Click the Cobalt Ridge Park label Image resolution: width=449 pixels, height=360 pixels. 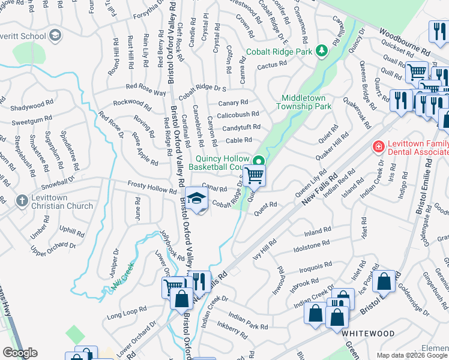[280, 53]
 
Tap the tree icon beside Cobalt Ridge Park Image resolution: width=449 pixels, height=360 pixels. [322, 50]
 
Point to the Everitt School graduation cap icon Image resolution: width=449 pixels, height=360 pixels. [56, 35]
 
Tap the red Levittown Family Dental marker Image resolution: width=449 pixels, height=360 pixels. [378, 146]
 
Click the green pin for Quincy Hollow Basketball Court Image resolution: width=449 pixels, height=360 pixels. [259, 160]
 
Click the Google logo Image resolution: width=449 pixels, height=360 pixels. [20, 353]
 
